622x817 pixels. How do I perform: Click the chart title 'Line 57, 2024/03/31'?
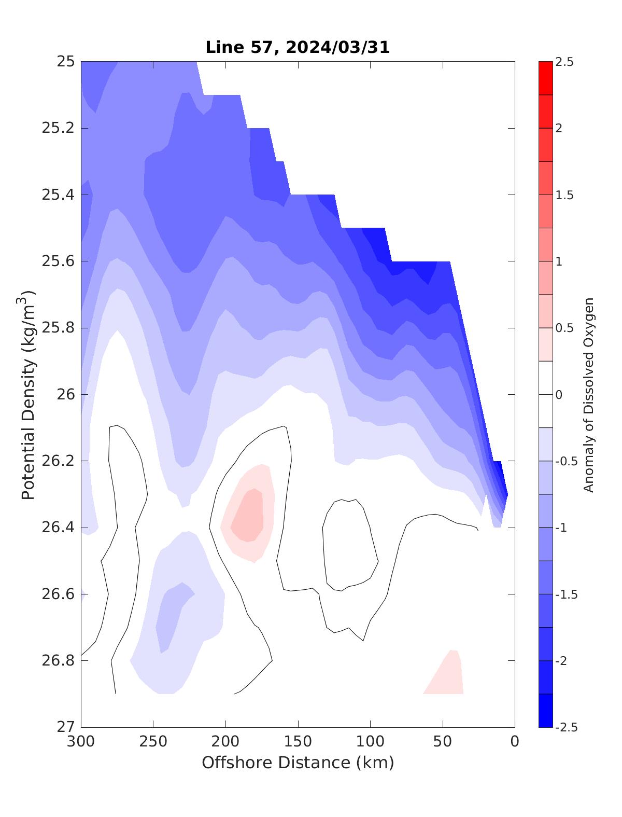point(298,47)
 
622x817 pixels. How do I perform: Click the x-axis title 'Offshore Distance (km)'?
point(298,763)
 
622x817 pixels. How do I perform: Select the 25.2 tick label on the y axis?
point(58,128)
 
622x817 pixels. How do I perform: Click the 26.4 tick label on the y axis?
point(58,528)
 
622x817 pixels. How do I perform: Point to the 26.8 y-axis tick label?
point(58,660)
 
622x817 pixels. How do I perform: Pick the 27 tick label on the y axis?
point(65,727)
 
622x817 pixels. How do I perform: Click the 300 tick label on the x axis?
point(81,742)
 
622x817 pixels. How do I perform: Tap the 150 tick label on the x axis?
point(298,742)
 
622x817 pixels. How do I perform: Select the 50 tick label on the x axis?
point(443,742)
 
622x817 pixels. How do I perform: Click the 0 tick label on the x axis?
point(515,742)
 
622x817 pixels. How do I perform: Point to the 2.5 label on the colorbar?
point(564,62)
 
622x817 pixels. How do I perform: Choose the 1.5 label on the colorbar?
point(564,195)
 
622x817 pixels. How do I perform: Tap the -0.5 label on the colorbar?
point(567,461)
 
